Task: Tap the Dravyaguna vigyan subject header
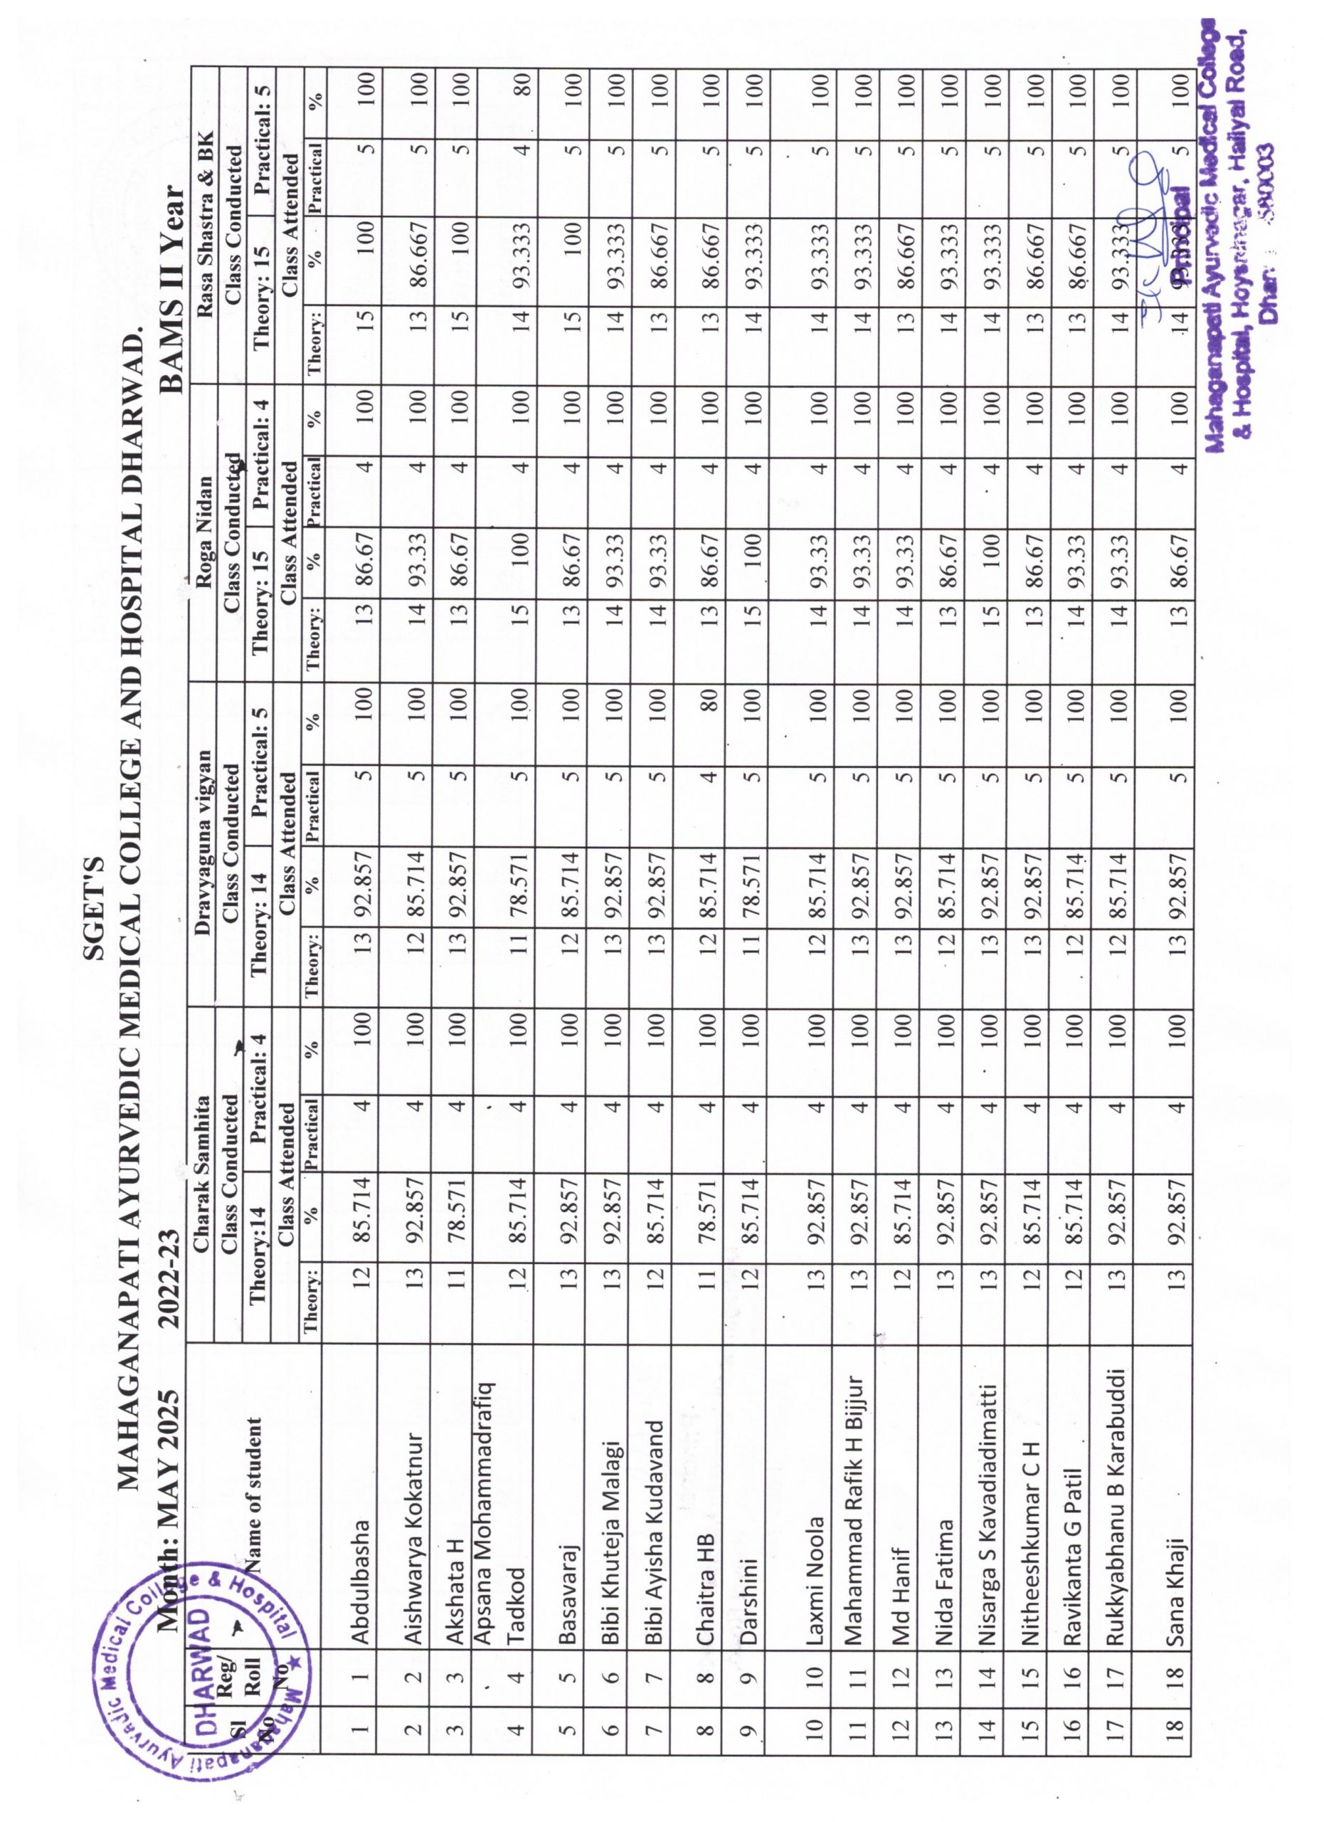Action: (203, 838)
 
